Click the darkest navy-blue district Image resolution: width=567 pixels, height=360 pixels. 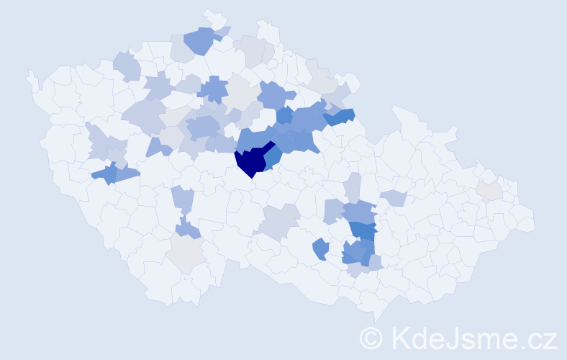252,161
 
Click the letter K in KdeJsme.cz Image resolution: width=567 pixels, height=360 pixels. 402,337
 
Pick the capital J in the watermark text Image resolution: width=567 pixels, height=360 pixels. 455,337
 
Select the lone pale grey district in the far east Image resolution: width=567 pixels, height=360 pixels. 489,190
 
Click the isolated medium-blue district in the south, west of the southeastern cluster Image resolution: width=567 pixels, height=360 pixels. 321,249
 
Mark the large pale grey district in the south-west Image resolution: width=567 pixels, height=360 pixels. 186,254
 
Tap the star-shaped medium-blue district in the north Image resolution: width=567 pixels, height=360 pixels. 213,90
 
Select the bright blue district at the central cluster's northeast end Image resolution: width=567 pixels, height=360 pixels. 340,115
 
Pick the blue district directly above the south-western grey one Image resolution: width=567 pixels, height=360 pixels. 189,230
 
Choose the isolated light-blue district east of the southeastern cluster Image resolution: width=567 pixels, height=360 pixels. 394,197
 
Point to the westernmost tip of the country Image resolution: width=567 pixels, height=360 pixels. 29,74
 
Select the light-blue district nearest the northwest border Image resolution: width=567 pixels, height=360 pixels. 127,66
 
